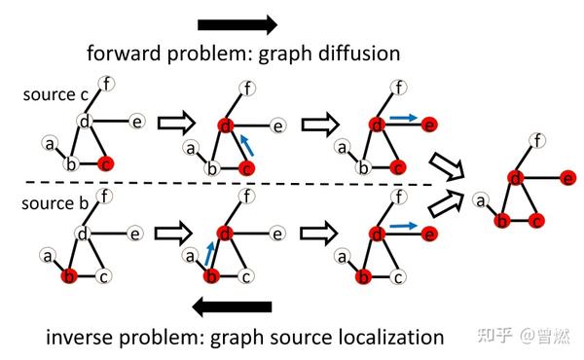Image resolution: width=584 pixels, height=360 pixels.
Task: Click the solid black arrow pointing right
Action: point(237,24)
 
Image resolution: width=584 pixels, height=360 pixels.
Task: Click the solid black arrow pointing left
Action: point(232,307)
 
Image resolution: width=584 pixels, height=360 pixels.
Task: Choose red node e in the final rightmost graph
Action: point(567,177)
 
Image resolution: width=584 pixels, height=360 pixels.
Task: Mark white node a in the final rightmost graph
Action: point(480,200)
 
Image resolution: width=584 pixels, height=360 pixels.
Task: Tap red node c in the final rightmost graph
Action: point(536,221)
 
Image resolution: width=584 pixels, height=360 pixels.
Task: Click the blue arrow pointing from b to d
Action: point(207,254)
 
